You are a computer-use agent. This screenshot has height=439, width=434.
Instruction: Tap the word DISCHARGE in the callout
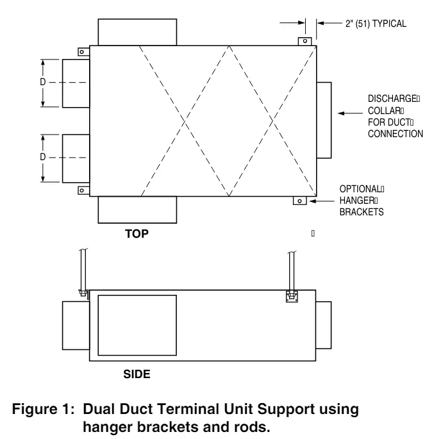[x=392, y=99]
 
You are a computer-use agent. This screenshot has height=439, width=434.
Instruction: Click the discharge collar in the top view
[x=324, y=120]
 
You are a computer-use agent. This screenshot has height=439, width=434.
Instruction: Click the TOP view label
[x=137, y=234]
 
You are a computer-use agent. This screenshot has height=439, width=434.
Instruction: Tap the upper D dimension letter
[x=42, y=83]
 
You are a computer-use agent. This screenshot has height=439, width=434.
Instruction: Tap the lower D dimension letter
[x=42, y=158]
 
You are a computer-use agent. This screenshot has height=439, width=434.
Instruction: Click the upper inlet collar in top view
[x=75, y=83]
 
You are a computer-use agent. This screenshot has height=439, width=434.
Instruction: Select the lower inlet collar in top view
[x=75, y=158]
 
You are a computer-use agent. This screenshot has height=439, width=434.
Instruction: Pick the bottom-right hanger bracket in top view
[x=298, y=201]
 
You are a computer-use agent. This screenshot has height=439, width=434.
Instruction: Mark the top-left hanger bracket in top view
[x=82, y=51]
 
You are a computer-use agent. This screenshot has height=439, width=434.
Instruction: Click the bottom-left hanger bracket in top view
[x=82, y=190]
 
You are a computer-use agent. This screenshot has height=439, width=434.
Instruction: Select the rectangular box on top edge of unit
[x=136, y=32]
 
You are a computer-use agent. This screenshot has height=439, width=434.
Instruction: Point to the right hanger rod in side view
[x=291, y=269]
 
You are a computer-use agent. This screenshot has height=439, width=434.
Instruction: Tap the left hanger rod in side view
[x=82, y=269]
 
